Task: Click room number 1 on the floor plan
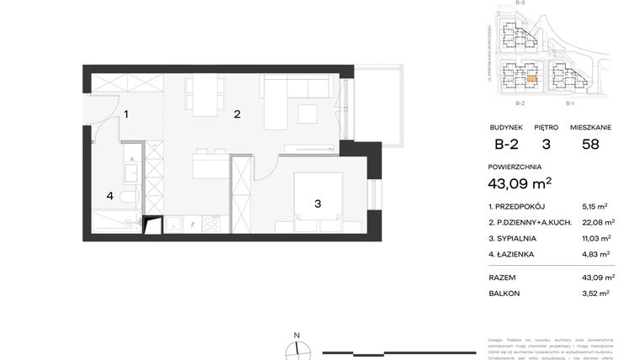tap(126, 114)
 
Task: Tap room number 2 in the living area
tap(237, 114)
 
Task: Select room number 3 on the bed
tap(318, 203)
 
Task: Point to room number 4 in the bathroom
tap(109, 196)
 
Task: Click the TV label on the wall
tap(331, 150)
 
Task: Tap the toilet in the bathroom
tap(126, 198)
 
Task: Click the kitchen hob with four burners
tap(210, 224)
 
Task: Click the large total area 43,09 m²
tap(520, 183)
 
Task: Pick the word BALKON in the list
tap(504, 294)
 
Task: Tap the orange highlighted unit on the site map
tap(531, 80)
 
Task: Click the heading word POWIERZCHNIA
tap(515, 167)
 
